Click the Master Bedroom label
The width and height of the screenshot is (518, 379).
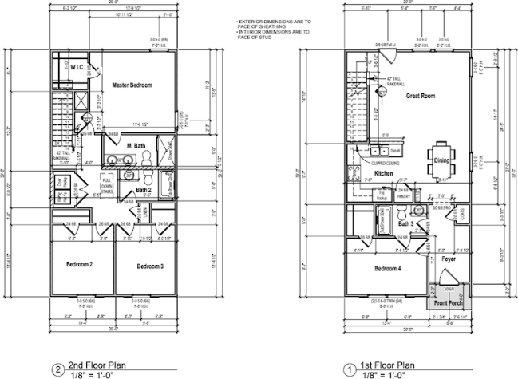pos(132,84)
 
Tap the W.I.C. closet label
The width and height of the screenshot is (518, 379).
pos(77,67)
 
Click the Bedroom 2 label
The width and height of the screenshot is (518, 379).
pos(80,264)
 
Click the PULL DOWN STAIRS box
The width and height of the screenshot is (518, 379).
pos(107,184)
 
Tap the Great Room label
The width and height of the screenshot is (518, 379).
pos(420,96)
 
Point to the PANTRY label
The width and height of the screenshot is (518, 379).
pos(402,194)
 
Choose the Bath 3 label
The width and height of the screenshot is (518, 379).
pos(406,224)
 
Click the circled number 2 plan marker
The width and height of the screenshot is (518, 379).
pos(57,369)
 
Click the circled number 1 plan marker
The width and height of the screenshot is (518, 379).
pos(348,369)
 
